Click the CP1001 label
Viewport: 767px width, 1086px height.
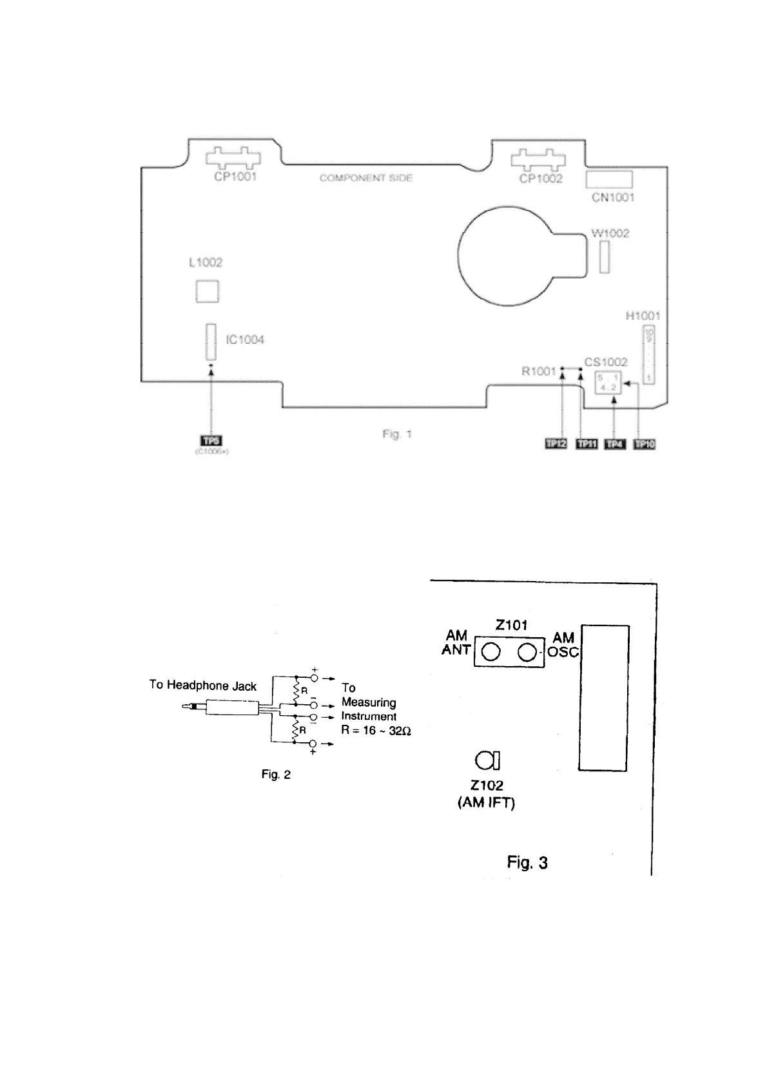point(235,177)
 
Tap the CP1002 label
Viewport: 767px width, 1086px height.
point(541,179)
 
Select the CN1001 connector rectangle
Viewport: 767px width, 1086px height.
point(609,179)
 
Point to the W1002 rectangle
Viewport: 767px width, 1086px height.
point(604,258)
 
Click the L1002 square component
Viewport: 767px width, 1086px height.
point(207,291)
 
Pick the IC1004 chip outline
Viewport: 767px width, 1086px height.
point(210,342)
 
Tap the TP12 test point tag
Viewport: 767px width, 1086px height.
point(556,444)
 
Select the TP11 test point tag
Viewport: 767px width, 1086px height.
point(586,444)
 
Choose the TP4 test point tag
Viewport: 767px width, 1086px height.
point(615,444)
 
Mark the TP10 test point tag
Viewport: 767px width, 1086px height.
point(645,444)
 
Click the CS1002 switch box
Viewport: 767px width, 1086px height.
point(607,382)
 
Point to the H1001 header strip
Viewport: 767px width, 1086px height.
point(649,354)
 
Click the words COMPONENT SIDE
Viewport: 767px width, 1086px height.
point(365,178)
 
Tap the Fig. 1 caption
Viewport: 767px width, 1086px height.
point(396,434)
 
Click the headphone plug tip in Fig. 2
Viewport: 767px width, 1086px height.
point(188,707)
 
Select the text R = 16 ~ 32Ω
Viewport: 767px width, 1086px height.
point(376,731)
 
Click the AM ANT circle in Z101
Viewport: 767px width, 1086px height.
point(491,653)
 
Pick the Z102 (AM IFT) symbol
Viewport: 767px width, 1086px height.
point(487,761)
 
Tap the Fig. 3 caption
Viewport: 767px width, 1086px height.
point(527,863)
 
